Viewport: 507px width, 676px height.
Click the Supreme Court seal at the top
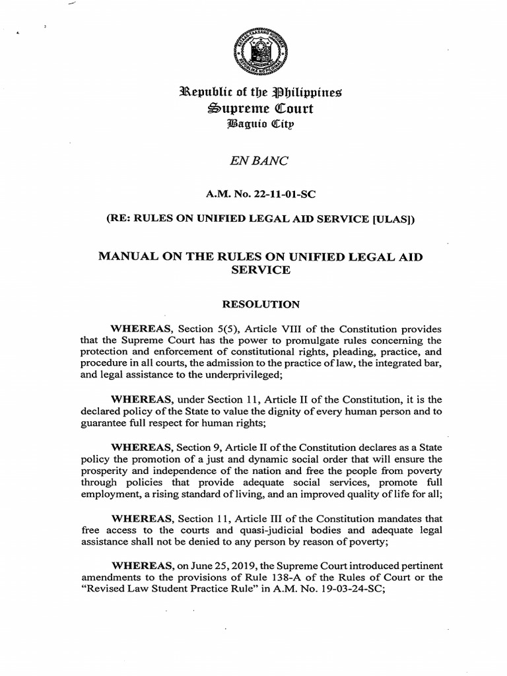click(x=253, y=53)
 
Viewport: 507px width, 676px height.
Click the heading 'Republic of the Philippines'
click(x=253, y=92)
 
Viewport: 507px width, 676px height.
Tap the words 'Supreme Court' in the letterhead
click(x=253, y=108)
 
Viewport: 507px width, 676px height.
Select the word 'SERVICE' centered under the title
click(x=253, y=271)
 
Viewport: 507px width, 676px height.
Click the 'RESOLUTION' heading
click(x=253, y=304)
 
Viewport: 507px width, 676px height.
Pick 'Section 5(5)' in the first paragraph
click(x=205, y=329)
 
